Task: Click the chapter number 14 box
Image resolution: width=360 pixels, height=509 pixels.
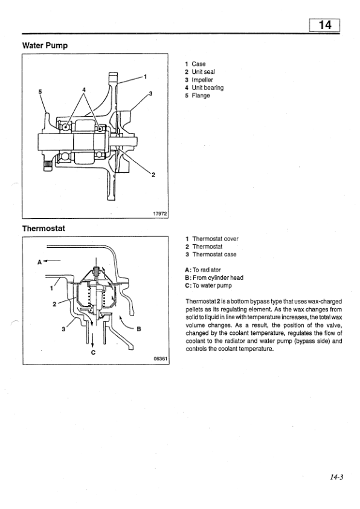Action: click(x=324, y=26)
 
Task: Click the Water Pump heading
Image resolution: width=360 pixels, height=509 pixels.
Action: click(x=45, y=46)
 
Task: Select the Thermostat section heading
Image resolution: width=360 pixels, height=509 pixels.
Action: click(x=43, y=229)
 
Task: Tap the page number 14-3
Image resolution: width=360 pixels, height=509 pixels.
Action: click(x=336, y=477)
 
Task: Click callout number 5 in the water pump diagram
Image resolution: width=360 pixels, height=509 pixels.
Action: click(x=40, y=92)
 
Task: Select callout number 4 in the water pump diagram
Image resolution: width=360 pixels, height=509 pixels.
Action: click(x=85, y=91)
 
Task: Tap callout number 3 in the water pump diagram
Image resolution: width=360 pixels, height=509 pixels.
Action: click(x=150, y=93)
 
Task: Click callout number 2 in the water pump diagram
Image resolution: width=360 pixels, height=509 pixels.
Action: click(x=153, y=175)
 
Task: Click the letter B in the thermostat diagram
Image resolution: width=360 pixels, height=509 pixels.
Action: click(x=138, y=329)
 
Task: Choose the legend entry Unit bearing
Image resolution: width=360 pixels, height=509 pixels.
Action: click(x=207, y=88)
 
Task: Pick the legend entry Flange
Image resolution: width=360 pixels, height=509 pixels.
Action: click(x=201, y=96)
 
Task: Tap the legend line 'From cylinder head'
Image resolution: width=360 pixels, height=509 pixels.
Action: click(x=217, y=277)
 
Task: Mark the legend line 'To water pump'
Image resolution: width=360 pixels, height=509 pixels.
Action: click(x=211, y=285)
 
